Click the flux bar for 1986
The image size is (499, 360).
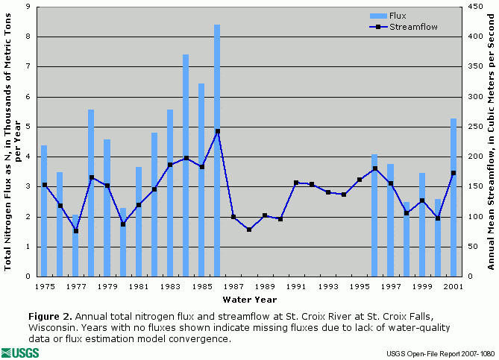tap(217, 149)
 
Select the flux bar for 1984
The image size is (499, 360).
tap(186, 164)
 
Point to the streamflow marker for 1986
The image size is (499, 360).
tap(217, 131)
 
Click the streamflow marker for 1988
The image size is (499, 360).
tap(249, 230)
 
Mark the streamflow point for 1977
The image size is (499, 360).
tap(75, 231)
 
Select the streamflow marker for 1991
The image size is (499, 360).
tap(296, 183)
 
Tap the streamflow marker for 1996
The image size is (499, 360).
tap(374, 168)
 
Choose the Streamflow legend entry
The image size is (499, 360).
tap(410, 26)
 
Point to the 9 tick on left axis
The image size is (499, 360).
tap(28, 6)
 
